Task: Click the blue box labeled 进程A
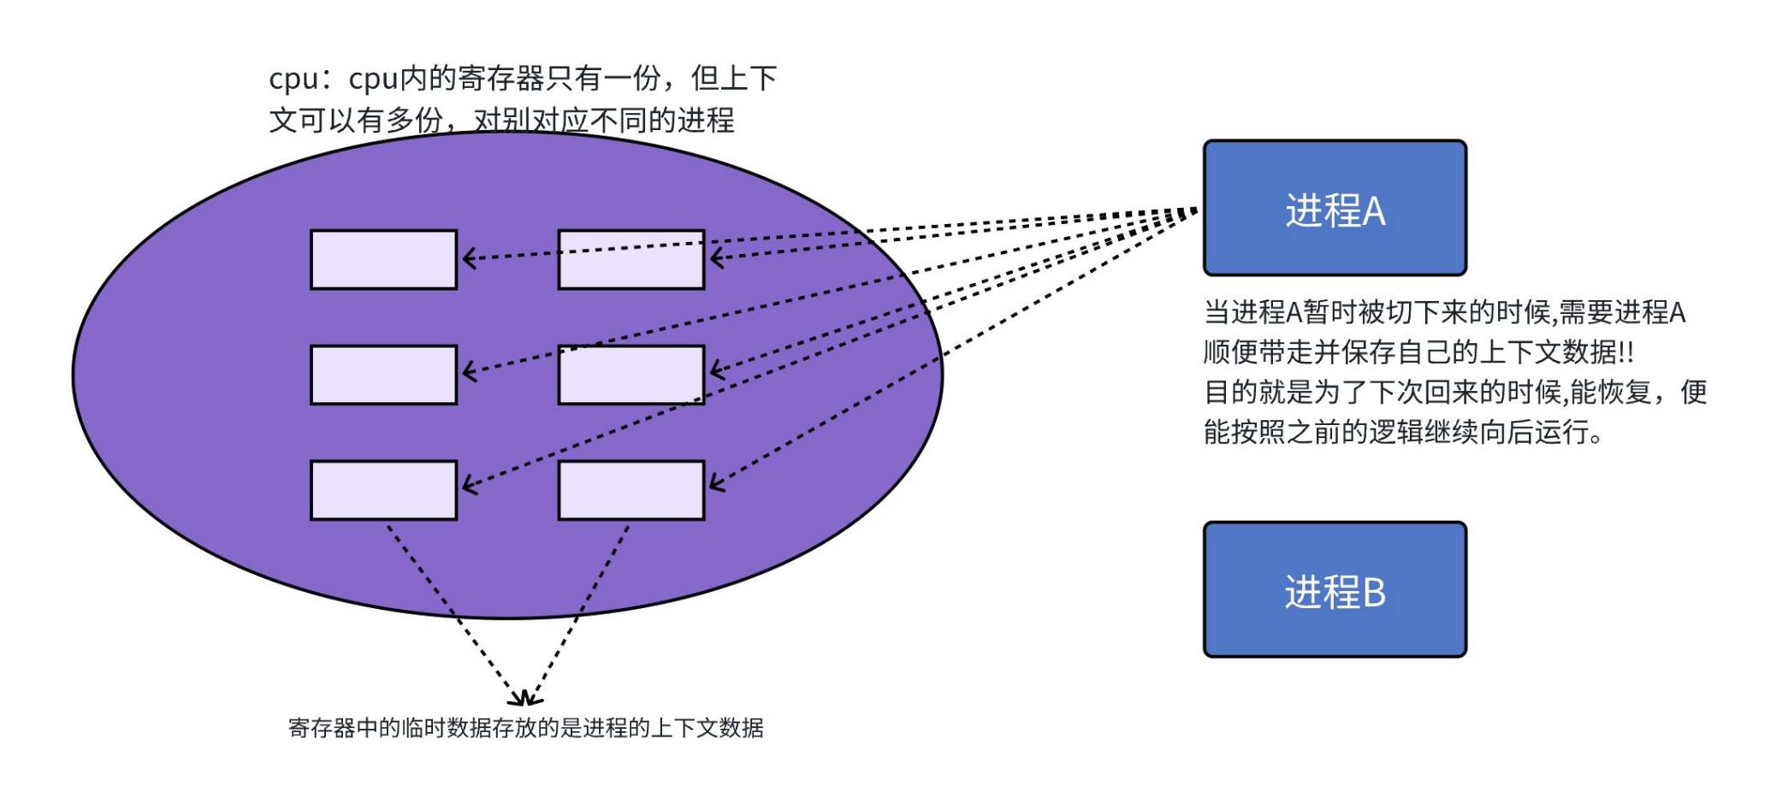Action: (1334, 208)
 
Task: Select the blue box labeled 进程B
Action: (1334, 589)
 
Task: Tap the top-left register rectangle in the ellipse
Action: (383, 259)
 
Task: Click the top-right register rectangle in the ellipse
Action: (631, 259)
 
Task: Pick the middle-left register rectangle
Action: (383, 375)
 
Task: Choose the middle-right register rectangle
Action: (631, 375)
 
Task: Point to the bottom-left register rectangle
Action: (383, 490)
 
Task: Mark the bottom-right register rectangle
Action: (631, 490)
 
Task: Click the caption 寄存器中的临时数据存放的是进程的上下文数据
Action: (525, 728)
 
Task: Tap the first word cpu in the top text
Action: (293, 79)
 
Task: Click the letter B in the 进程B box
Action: (1373, 592)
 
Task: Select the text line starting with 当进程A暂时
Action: (1444, 312)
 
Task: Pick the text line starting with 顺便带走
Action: (1418, 352)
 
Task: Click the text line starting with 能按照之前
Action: (1403, 432)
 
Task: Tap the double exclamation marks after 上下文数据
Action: (1625, 352)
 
